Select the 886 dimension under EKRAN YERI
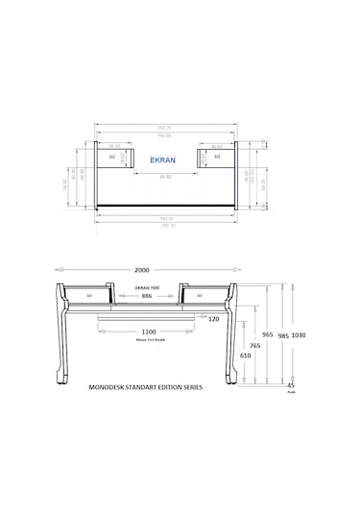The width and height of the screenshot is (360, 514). pyautogui.click(x=147, y=297)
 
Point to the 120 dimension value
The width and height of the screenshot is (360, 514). pyautogui.click(x=213, y=318)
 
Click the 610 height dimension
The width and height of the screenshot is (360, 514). pyautogui.click(x=247, y=355)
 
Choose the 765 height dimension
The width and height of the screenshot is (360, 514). pyautogui.click(x=254, y=345)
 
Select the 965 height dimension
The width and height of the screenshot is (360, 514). pyautogui.click(x=268, y=335)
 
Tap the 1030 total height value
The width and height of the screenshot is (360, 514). pyautogui.click(x=298, y=335)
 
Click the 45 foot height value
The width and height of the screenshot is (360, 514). pyautogui.click(x=291, y=385)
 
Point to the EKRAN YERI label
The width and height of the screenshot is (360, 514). pyautogui.click(x=147, y=287)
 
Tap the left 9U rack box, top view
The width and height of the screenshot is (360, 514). pyautogui.click(x=112, y=155)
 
